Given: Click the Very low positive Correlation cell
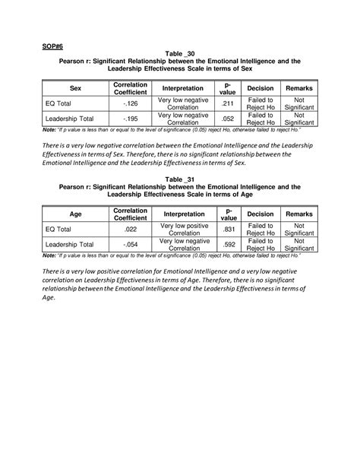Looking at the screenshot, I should click(183, 229).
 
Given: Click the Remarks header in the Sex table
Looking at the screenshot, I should click(298, 88).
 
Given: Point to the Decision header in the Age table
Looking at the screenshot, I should click(261, 214).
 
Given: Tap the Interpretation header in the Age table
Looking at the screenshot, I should click(183, 214).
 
